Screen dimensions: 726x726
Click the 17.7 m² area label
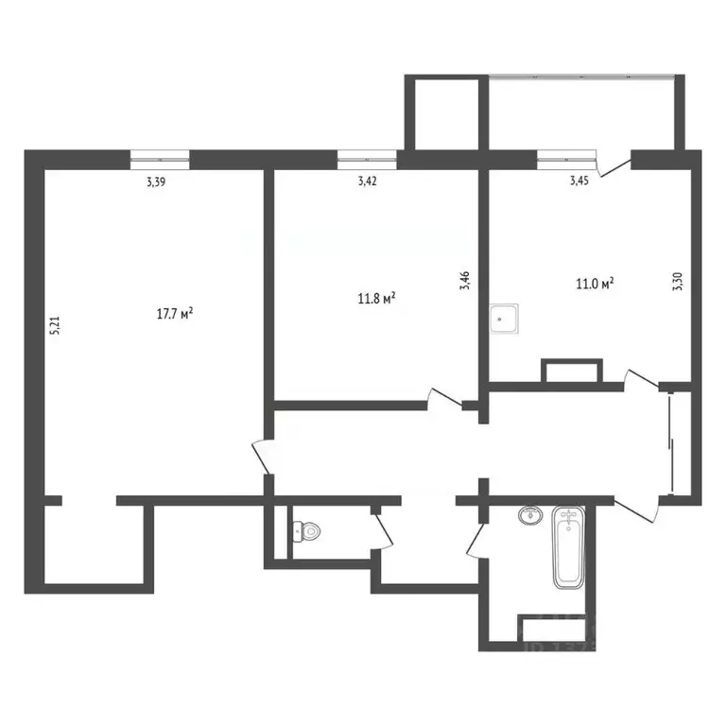click(x=175, y=313)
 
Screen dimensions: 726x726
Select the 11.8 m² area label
click(x=375, y=299)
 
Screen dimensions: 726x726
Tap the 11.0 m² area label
click(x=596, y=282)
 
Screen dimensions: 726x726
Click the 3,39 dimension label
click(x=156, y=182)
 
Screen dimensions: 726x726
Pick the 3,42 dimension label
click(x=368, y=182)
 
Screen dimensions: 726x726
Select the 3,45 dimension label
click(x=579, y=182)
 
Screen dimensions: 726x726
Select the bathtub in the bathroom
click(x=568, y=548)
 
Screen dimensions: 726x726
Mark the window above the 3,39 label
click(x=160, y=158)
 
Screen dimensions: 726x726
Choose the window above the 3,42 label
click(x=367, y=158)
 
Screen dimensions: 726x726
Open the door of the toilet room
click(x=384, y=529)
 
